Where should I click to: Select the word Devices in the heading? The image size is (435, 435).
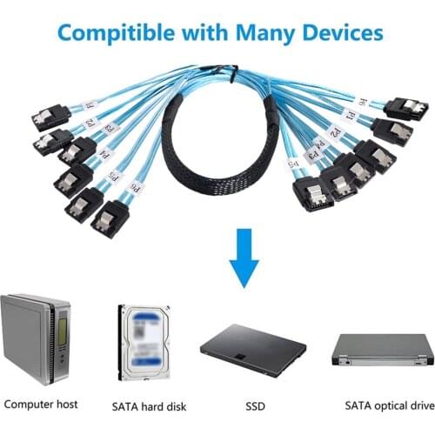[x=344, y=34]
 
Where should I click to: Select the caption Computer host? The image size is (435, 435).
[x=41, y=404]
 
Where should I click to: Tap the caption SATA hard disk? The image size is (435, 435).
[x=149, y=405]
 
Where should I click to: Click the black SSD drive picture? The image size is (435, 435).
[x=253, y=347]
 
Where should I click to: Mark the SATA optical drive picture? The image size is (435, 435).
[x=382, y=348]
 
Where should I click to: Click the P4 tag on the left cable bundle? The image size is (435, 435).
[x=106, y=155]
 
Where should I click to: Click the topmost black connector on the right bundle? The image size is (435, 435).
[x=406, y=109]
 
